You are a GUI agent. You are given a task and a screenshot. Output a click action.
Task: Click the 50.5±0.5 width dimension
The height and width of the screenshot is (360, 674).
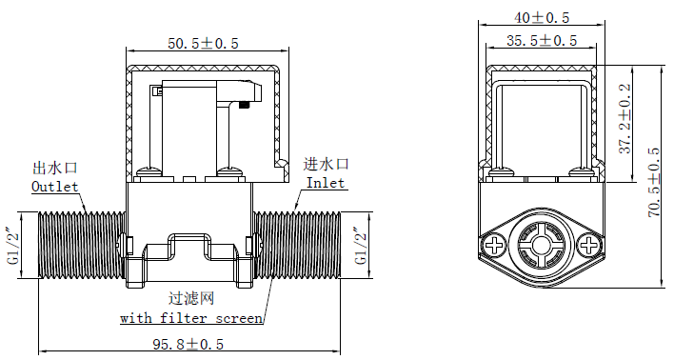coord(203,43)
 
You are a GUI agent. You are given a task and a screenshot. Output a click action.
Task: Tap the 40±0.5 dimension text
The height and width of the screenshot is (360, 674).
coord(542,17)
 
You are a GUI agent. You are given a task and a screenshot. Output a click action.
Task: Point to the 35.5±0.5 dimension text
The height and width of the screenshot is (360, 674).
coord(542,40)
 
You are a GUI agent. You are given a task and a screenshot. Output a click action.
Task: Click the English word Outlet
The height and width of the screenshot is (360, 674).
coord(55,187)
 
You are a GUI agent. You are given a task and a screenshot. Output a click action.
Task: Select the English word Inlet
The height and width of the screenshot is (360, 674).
coord(326,183)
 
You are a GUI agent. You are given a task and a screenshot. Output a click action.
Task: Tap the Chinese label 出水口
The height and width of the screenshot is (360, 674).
coord(55,169)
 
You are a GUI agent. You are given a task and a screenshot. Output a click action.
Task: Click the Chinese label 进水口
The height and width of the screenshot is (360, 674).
coord(327,165)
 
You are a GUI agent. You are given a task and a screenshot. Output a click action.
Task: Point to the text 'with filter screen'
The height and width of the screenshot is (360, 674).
coord(190,318)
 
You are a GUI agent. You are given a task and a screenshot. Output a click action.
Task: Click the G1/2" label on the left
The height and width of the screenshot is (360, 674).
coord(11,248)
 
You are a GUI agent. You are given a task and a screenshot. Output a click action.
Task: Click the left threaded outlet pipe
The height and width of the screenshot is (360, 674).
coord(81,248)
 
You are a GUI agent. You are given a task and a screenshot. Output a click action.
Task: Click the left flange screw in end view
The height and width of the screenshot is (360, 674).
coord(495,246)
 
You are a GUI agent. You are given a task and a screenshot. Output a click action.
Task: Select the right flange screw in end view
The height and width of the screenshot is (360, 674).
coord(589,246)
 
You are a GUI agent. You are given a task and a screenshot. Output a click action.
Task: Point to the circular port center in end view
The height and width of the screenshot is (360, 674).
coord(542,246)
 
